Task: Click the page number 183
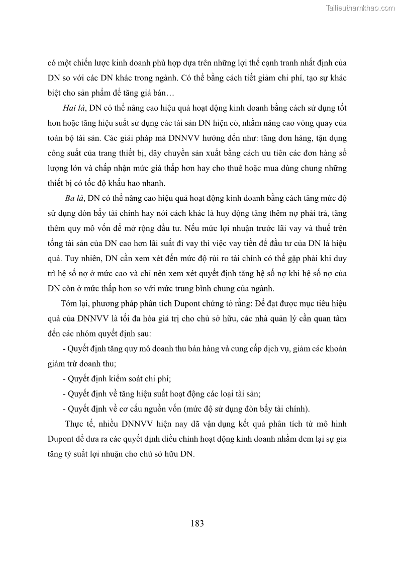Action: [197, 523]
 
